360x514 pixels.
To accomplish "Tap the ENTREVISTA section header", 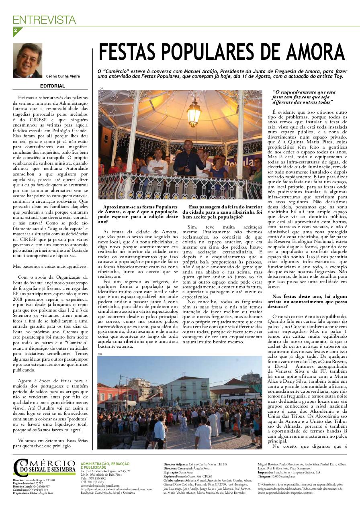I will point(44,20).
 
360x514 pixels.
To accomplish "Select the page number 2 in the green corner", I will point(15,31).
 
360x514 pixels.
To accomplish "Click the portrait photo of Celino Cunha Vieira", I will point(27,60).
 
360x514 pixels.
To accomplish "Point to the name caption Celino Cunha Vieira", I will point(63,76).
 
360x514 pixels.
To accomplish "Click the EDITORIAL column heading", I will point(52,86).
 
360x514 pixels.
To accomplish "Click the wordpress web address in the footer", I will point(116,489).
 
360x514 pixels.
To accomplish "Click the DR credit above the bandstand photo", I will point(101,88).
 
